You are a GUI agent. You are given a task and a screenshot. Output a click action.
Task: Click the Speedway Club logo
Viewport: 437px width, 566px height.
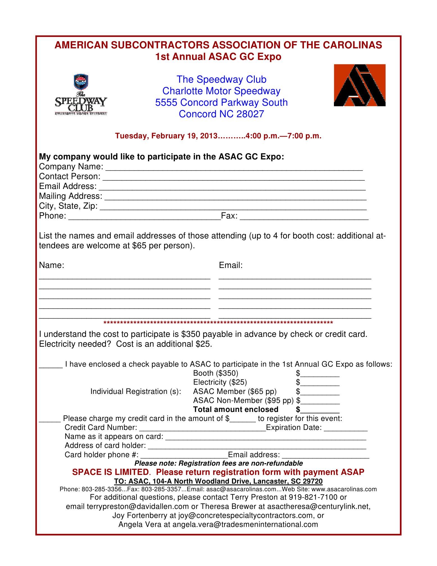coord(81,95)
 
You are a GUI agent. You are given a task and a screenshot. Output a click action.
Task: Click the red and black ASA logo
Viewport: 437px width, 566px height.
coord(359,85)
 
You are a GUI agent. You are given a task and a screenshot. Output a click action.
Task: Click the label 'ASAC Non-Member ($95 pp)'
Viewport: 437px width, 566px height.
coord(243,401)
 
